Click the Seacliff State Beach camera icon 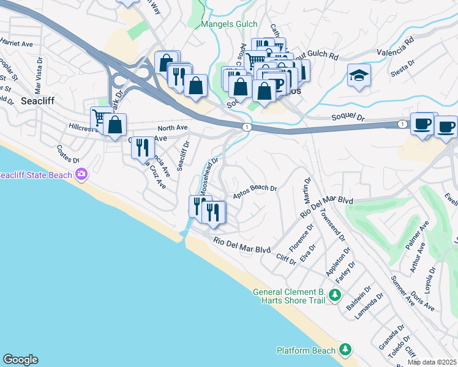81,176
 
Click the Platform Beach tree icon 345,350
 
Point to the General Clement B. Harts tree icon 334,295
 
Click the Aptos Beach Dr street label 255,192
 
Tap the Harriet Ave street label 16,44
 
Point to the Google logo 20,360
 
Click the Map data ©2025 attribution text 432,362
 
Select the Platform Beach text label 306,350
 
